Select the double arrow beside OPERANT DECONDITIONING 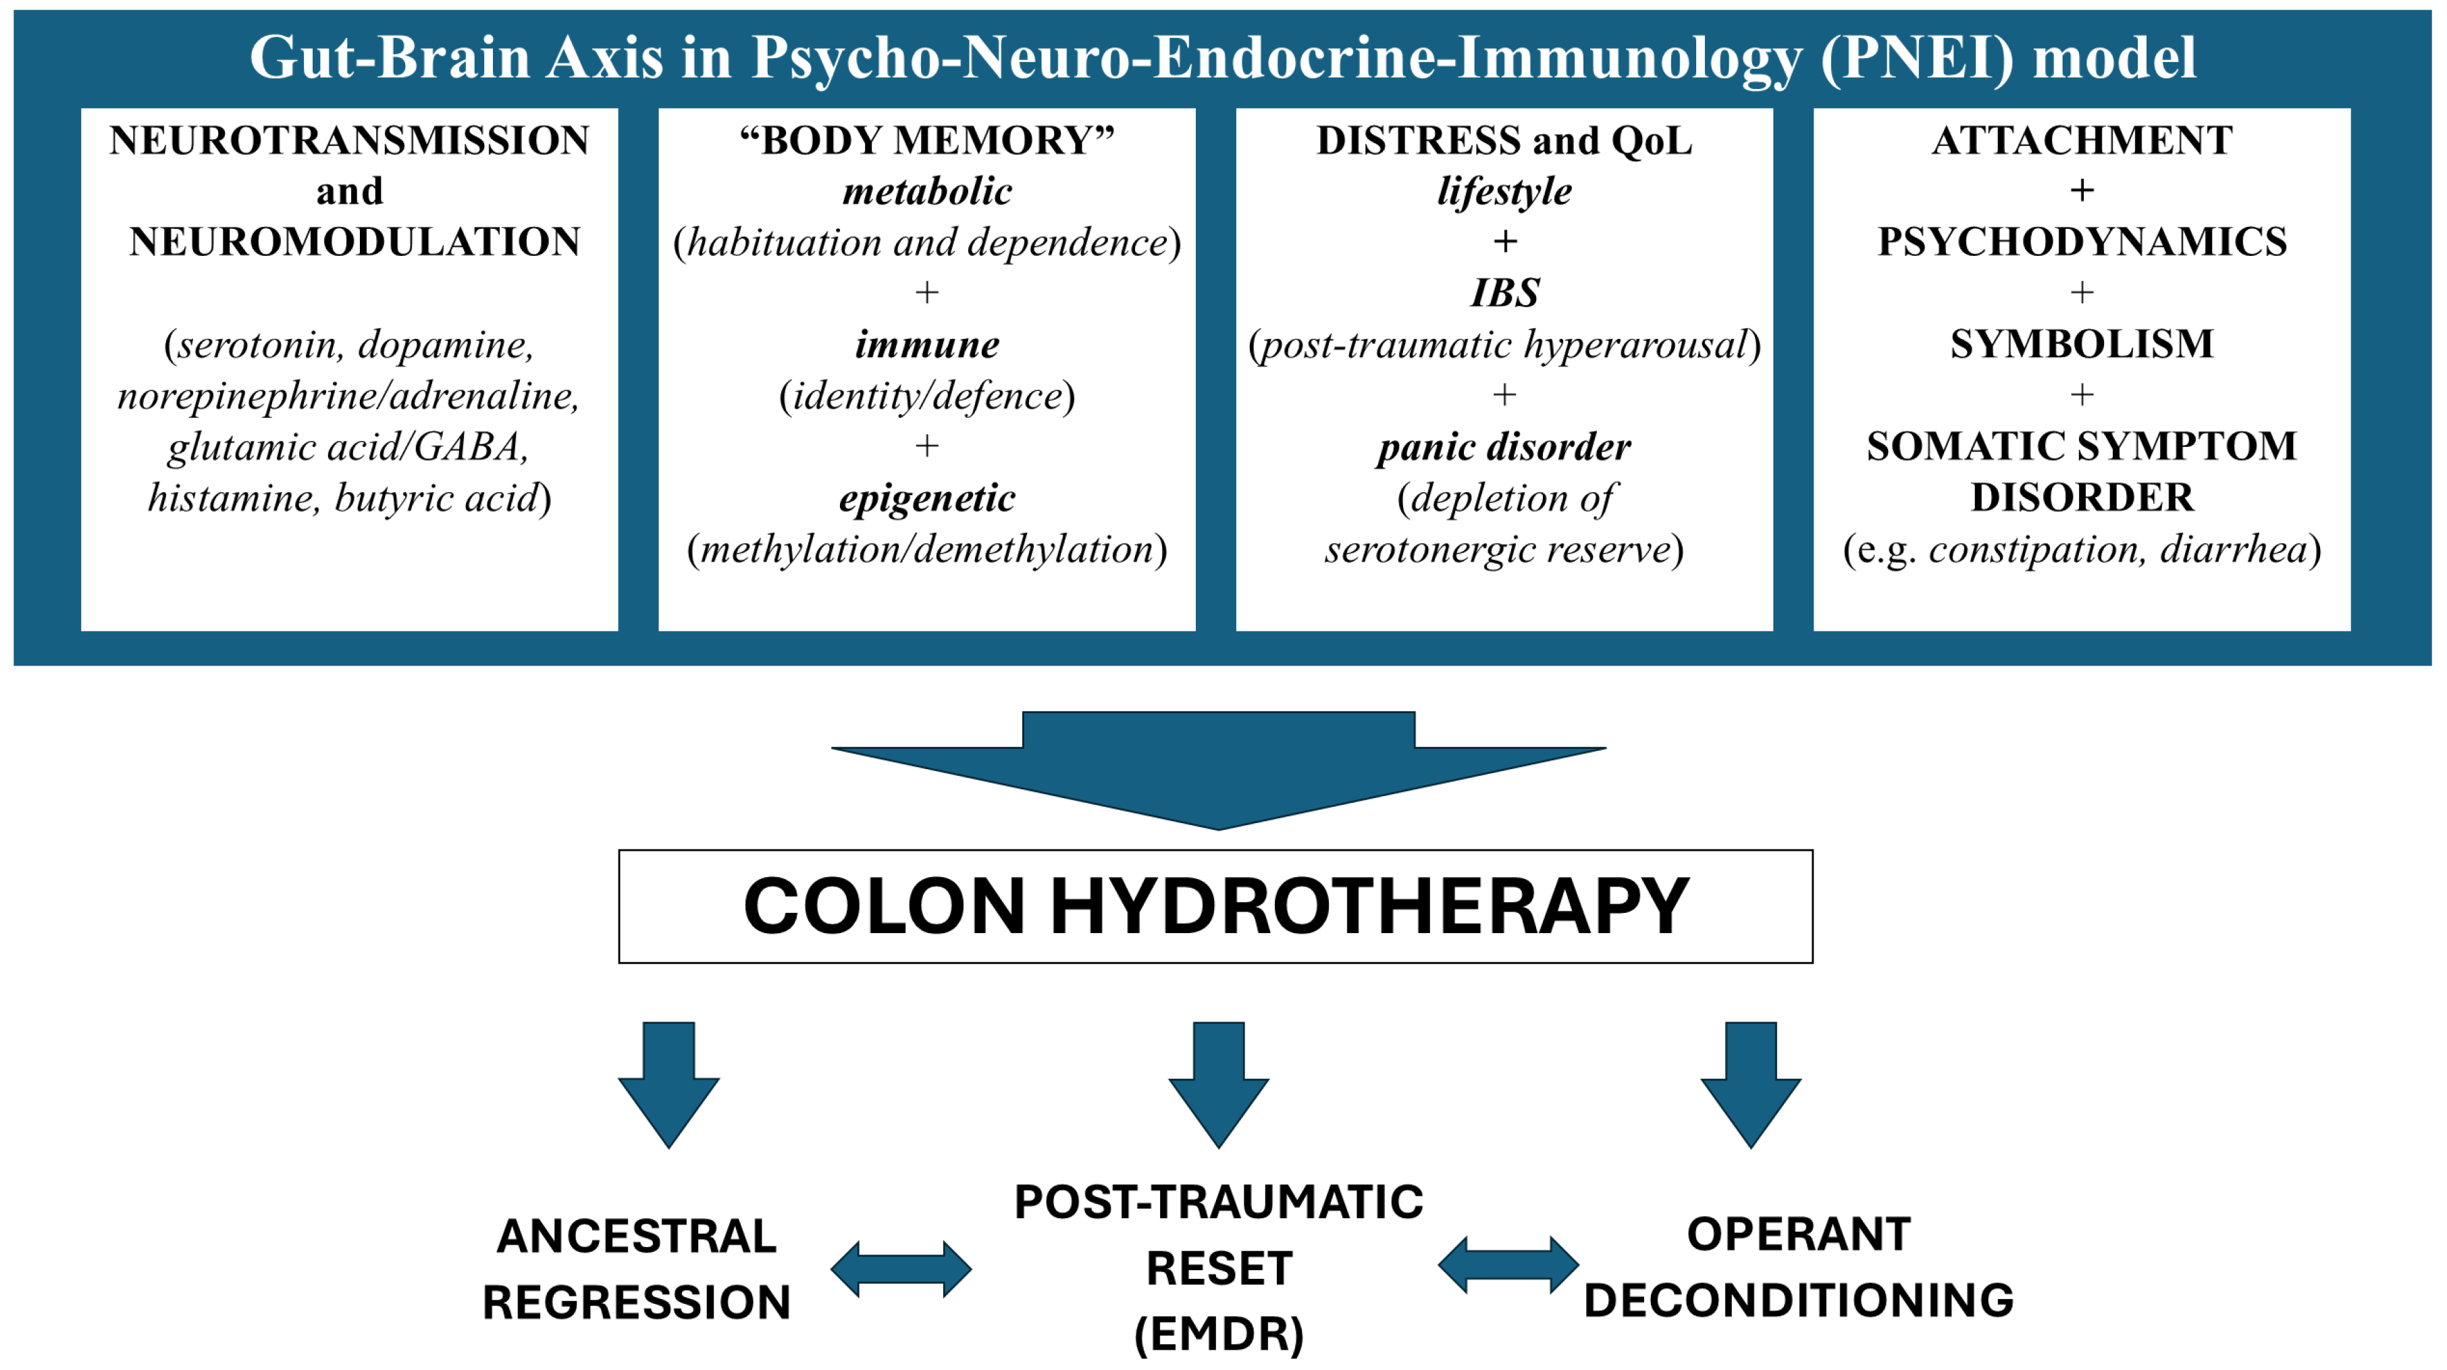pyautogui.click(x=1508, y=1265)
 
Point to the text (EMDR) pyautogui.click(x=1219, y=1334)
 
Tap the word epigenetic pyautogui.click(x=927, y=498)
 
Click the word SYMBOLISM pyautogui.click(x=2081, y=344)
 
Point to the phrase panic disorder pyautogui.click(x=1504, y=446)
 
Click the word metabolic pyautogui.click(x=927, y=191)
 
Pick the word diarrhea pyautogui.click(x=2234, y=549)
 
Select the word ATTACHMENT pyautogui.click(x=2081, y=140)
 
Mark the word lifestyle pyautogui.click(x=1504, y=191)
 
